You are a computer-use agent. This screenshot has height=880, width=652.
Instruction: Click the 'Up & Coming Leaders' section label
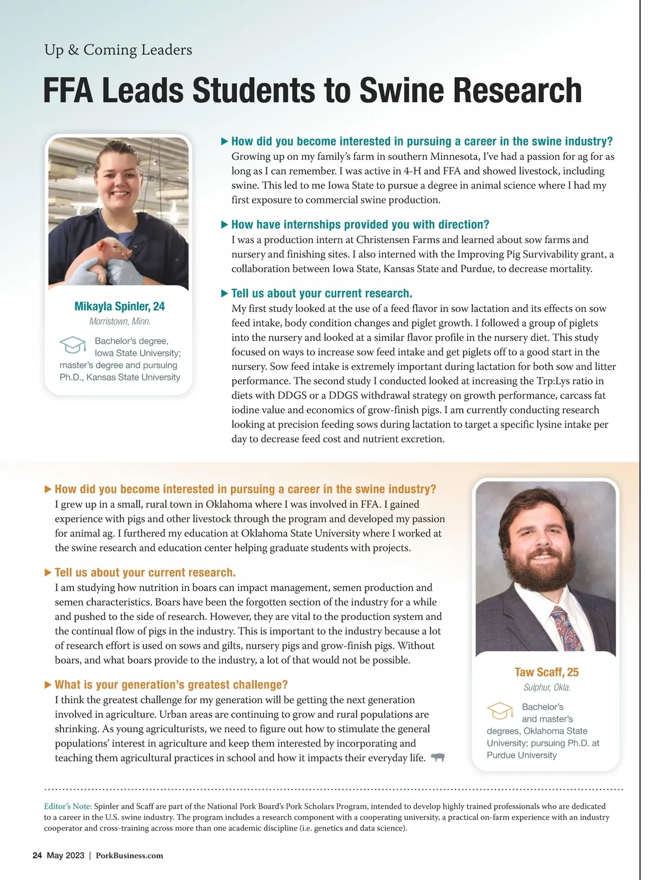click(118, 50)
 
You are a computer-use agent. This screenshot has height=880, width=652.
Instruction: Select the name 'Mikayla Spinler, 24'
click(120, 306)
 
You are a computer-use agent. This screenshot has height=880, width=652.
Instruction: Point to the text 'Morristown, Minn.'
click(120, 321)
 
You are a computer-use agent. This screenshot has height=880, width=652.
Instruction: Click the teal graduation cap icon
click(73, 345)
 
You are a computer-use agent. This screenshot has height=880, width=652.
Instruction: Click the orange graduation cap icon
click(500, 710)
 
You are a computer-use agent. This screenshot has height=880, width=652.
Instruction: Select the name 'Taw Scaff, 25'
click(547, 672)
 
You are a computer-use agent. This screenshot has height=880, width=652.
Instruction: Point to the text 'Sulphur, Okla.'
click(547, 687)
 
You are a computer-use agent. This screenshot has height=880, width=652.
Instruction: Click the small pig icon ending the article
click(437, 758)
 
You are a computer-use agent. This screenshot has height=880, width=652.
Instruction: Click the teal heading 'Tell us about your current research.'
click(322, 294)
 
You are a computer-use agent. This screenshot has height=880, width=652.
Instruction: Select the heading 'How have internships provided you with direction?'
click(360, 225)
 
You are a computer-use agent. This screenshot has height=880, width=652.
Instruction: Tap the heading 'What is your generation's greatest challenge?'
click(171, 685)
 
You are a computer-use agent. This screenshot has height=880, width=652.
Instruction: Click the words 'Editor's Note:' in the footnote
click(68, 806)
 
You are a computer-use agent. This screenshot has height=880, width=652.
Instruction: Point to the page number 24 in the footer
click(37, 856)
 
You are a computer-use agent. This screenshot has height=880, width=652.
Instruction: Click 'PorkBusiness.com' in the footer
click(129, 856)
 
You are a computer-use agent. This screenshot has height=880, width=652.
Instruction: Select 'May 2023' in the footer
click(65, 856)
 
